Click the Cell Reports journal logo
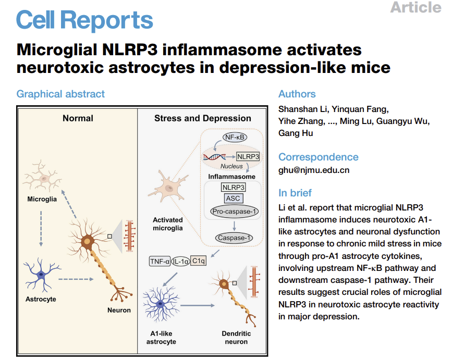coord(84,20)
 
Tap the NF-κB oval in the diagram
coord(235,137)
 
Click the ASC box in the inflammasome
coord(233,198)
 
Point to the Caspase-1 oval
coord(234,238)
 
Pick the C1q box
coord(198,260)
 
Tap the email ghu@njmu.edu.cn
coord(314,170)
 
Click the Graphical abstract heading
coord(60,94)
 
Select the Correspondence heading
coord(318,157)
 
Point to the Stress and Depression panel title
coord(202,118)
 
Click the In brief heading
coord(295,193)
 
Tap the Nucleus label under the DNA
coord(231,166)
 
